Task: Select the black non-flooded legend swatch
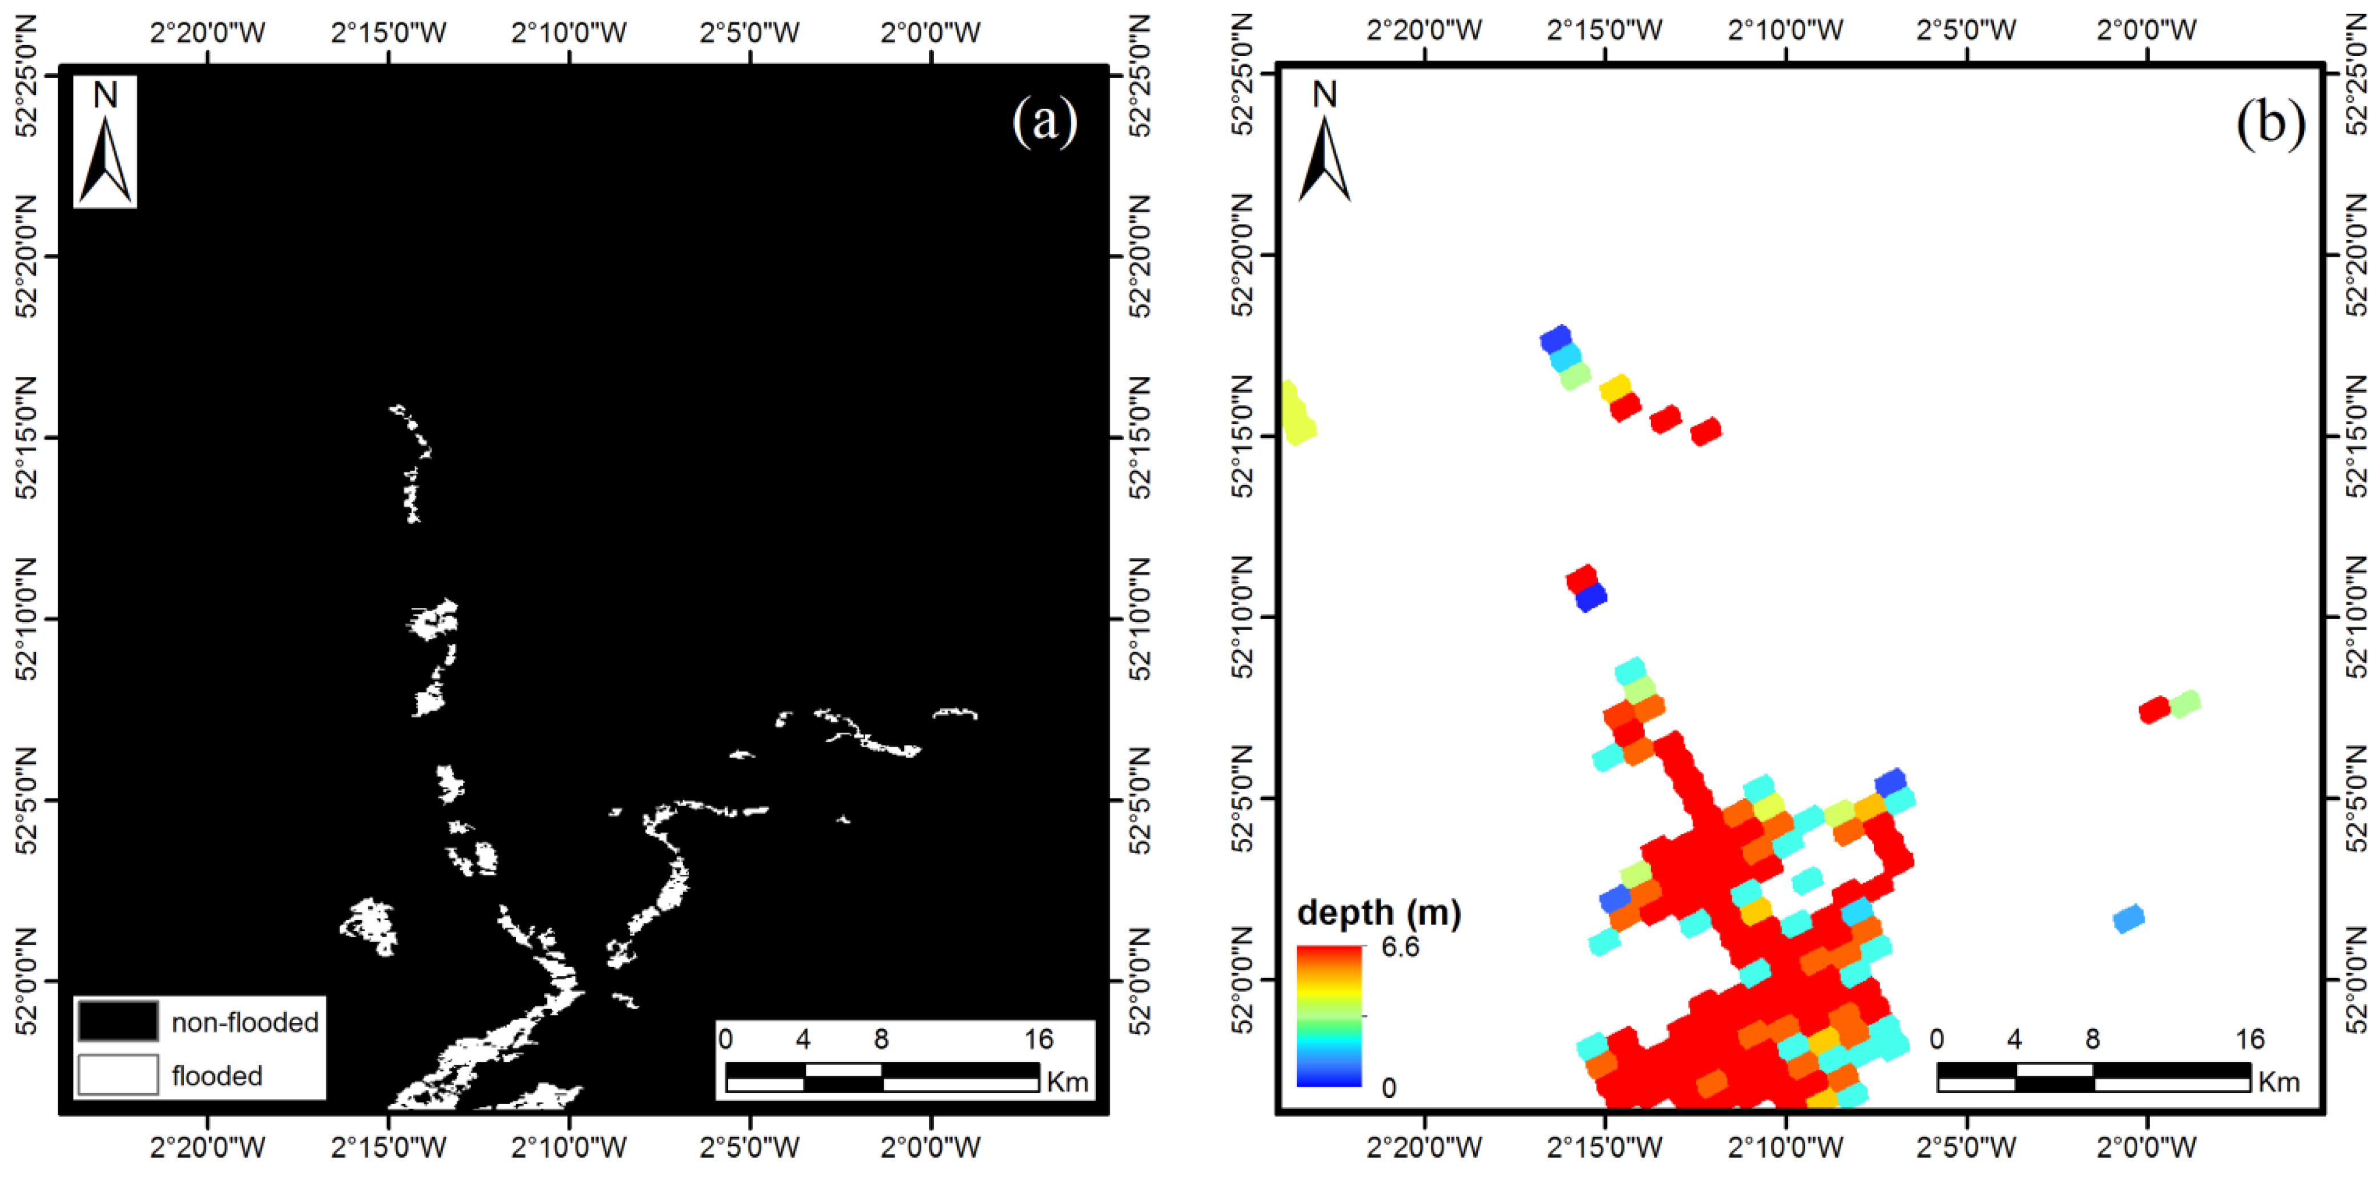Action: tap(117, 1021)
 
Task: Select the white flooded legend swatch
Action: tap(117, 1075)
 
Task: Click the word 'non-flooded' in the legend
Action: tap(245, 1022)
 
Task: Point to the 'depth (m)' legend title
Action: tap(1378, 913)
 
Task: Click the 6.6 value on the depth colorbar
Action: tap(1400, 947)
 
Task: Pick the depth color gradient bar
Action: tap(1329, 1015)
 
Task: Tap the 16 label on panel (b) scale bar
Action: tap(2250, 1039)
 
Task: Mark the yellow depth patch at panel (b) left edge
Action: tap(1296, 413)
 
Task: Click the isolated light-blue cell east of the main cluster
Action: tap(2128, 919)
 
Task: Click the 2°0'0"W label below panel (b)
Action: tap(2146, 1148)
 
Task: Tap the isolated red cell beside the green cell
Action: tap(2154, 710)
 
